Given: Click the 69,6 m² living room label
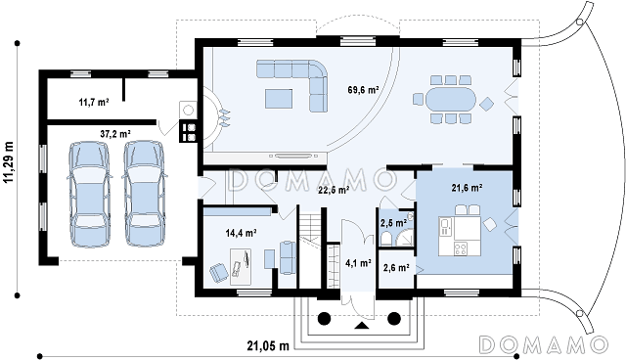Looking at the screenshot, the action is pyautogui.click(x=363, y=90).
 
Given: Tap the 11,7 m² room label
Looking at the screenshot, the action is pyautogui.click(x=94, y=102).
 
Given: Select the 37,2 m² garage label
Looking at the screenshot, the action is pyautogui.click(x=115, y=134).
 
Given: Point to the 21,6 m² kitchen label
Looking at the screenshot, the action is pyautogui.click(x=468, y=188).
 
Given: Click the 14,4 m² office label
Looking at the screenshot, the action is pyautogui.click(x=241, y=233).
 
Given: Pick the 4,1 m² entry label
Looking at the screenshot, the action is pyautogui.click(x=358, y=263).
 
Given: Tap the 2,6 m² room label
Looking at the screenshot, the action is pyautogui.click(x=396, y=267).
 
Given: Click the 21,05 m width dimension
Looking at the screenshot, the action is pyautogui.click(x=267, y=345).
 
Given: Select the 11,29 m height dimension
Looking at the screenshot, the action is pyautogui.click(x=9, y=162).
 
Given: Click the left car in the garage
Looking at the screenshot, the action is pyautogui.click(x=89, y=194).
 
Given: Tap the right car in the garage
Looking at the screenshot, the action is pyautogui.click(x=144, y=193).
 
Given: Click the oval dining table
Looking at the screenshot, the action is pyautogui.click(x=451, y=99).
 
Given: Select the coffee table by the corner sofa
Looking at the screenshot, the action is pyautogui.click(x=279, y=99).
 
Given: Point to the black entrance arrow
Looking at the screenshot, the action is pyautogui.click(x=362, y=326).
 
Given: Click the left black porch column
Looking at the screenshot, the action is pyautogui.click(x=324, y=318).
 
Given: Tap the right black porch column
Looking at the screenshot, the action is pyautogui.click(x=394, y=318).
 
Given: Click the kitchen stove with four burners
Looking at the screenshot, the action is pyautogui.click(x=461, y=249).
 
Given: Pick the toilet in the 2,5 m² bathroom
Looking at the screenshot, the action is pyautogui.click(x=386, y=239).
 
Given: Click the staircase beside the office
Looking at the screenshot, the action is pyautogui.click(x=310, y=249).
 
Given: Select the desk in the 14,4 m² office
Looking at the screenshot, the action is pyautogui.click(x=241, y=267).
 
